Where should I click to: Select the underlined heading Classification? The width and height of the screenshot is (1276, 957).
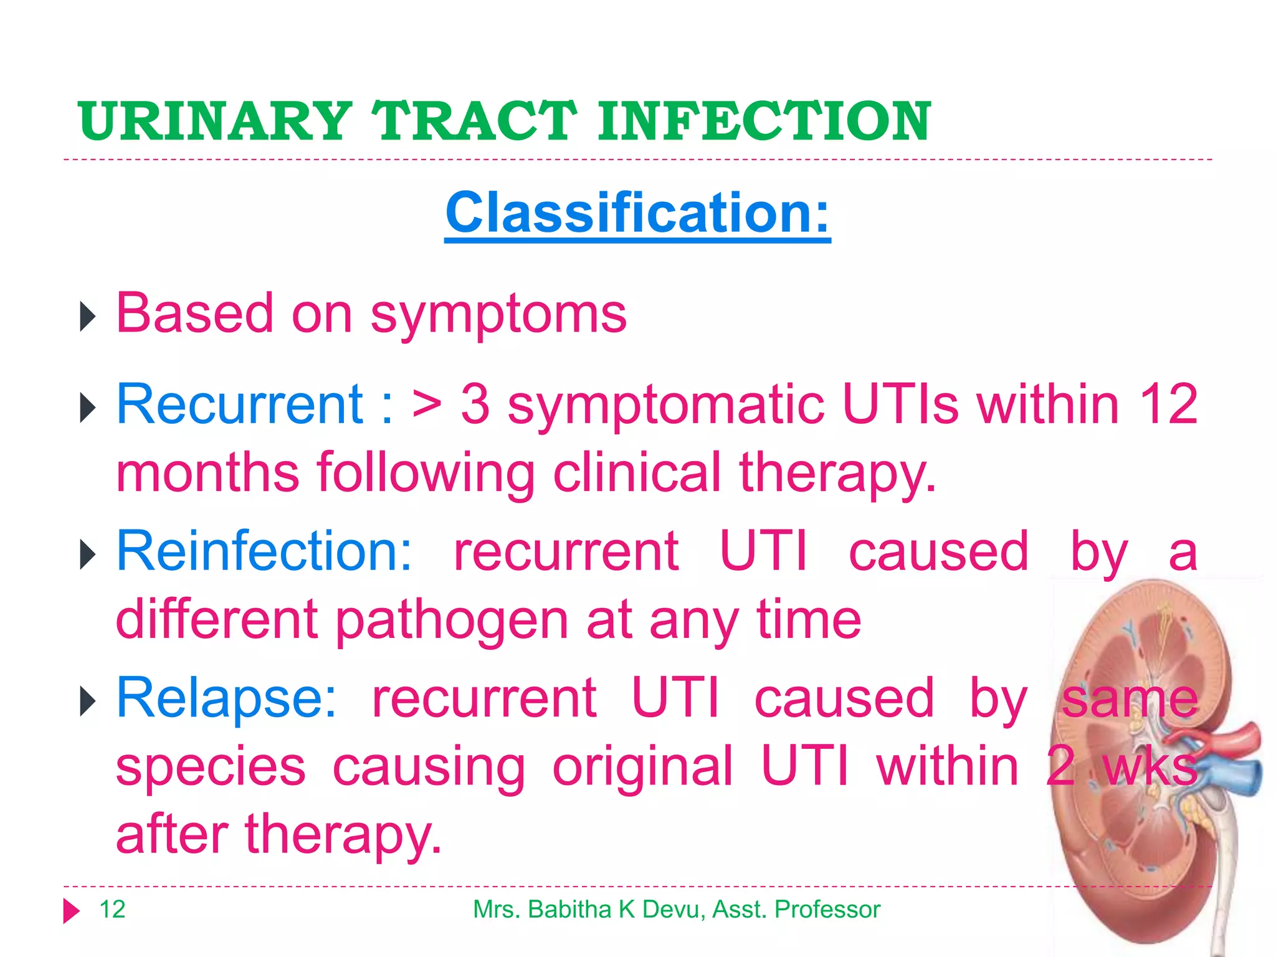pos(637,213)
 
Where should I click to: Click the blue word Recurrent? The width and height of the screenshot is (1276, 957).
pos(240,405)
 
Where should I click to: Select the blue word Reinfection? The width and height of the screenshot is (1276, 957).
pos(264,551)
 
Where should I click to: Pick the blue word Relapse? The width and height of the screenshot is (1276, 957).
pos(226,698)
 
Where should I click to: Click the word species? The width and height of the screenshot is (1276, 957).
pos(211,768)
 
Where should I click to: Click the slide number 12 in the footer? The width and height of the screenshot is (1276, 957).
pos(112,910)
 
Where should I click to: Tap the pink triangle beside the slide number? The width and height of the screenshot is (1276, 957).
pos(71,911)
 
